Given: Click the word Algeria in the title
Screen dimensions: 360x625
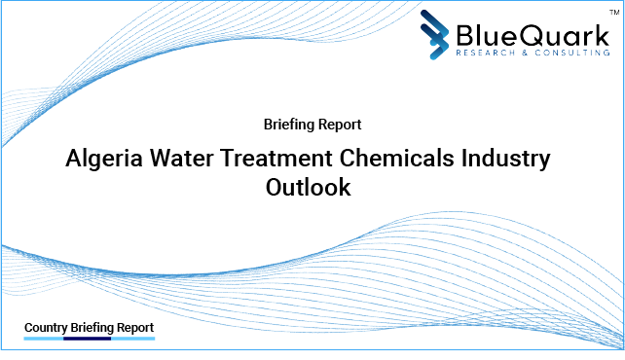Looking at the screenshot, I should tap(102, 159).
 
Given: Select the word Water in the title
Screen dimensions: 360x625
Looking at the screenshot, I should tap(178, 159).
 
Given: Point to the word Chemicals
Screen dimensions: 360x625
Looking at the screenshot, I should tap(393, 159).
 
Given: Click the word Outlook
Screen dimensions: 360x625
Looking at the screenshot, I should tap(308, 188).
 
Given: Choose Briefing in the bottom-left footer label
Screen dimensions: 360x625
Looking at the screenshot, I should tap(92, 328).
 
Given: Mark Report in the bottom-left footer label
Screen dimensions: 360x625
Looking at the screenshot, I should tap(134, 328).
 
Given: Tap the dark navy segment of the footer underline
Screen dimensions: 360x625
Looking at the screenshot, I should tap(88, 340).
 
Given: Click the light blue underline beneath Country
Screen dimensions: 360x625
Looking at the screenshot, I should tap(43, 340).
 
